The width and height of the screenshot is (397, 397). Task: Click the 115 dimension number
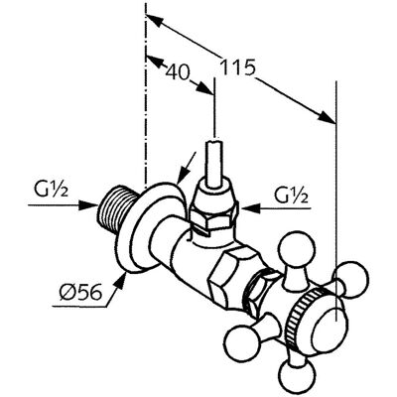coord(238,67)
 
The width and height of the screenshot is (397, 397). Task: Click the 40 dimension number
coord(177,71)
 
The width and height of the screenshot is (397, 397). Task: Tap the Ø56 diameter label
coord(79,292)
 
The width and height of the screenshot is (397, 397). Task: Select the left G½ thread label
coord(51,191)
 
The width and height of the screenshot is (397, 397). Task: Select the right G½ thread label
coord(291,196)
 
